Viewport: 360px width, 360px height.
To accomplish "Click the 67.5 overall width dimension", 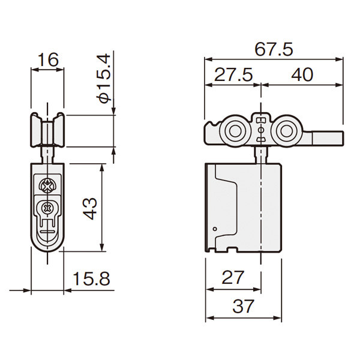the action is pyautogui.click(x=274, y=49).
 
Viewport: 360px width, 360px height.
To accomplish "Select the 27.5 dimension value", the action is pyautogui.click(x=233, y=74).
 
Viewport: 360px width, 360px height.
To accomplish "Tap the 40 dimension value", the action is pyautogui.click(x=302, y=74).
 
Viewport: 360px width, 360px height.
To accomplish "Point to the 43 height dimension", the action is pyautogui.click(x=90, y=208).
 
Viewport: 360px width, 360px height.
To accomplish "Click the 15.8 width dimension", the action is pyautogui.click(x=91, y=279).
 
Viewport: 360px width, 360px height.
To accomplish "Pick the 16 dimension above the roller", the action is pyautogui.click(x=48, y=59).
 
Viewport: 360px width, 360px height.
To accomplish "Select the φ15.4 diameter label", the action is pyautogui.click(x=104, y=79).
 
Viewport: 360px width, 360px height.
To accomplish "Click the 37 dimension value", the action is pyautogui.click(x=244, y=306).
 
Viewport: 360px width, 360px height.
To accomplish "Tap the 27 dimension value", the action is pyautogui.click(x=232, y=277).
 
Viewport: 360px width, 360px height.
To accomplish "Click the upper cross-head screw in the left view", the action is pyautogui.click(x=47, y=185).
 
